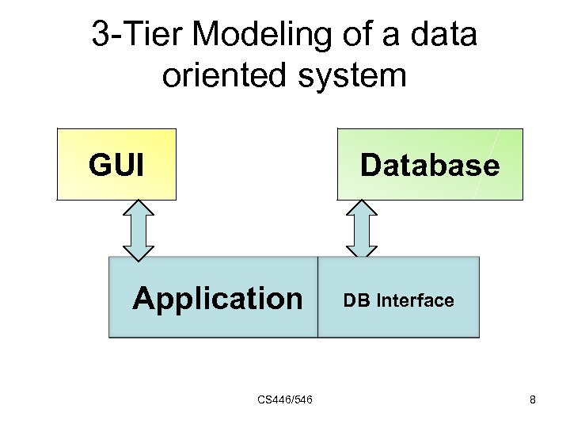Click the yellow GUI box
[116, 164]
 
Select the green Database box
[430, 164]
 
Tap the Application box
[213, 297]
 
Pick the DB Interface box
[398, 297]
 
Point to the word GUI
[116, 166]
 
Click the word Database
[430, 166]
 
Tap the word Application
[218, 299]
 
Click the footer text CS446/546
[285, 399]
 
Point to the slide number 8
[533, 400]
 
